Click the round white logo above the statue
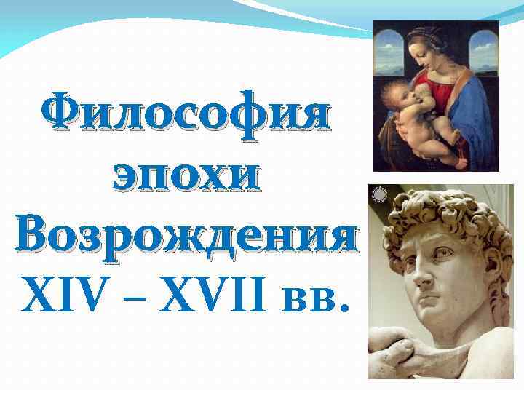click(380, 195)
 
